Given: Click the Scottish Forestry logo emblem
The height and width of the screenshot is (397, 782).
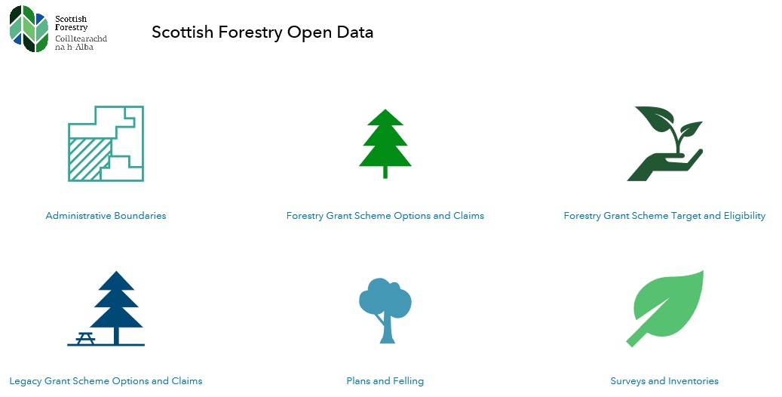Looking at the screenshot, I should click(31, 28).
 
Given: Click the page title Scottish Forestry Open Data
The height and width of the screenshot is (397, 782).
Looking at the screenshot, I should click(262, 32).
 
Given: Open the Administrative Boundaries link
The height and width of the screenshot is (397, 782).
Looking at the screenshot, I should click(106, 216).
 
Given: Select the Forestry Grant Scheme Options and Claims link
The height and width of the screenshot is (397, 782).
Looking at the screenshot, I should click(385, 216).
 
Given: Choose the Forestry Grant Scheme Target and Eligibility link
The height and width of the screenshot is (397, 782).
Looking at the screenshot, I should click(664, 216).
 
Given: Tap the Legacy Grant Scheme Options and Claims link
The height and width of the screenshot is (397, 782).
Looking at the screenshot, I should click(106, 381).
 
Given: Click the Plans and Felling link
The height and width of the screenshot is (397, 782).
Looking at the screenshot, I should click(385, 381).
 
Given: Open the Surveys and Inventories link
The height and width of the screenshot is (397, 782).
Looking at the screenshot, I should click(664, 381).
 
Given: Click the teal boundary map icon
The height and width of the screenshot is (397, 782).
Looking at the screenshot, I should click(106, 143).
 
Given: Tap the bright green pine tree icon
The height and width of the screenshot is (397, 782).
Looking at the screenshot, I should click(385, 140).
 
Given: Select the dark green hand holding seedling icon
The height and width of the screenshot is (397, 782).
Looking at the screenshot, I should click(664, 143).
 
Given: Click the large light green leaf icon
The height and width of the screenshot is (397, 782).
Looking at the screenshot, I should click(667, 306).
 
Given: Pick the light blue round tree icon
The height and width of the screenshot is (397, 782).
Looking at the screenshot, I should click(385, 306).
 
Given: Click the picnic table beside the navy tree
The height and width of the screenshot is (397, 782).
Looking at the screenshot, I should click(84, 338).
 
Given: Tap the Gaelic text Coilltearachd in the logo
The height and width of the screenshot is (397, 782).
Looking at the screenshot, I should click(81, 38).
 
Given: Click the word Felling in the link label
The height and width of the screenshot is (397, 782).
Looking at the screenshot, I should click(407, 381).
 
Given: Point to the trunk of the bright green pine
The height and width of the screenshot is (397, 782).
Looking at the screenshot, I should click(385, 171).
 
